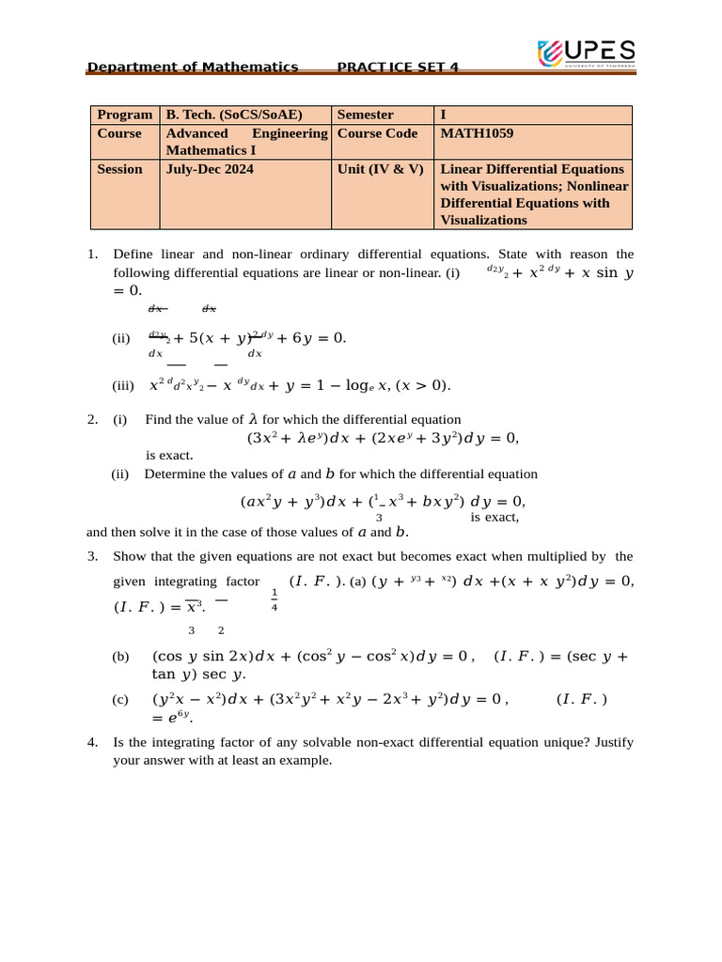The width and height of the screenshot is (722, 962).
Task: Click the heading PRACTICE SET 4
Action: point(398,67)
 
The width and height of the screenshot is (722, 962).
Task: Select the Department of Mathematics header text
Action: point(192,67)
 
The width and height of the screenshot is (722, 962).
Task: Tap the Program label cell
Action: point(124,115)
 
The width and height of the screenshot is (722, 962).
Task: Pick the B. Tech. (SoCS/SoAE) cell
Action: point(234,115)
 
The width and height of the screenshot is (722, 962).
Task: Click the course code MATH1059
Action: point(477,133)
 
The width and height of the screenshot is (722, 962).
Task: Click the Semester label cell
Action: point(365,115)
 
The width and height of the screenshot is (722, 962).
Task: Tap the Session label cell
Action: point(119,169)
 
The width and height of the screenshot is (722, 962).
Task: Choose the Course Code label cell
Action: point(377,133)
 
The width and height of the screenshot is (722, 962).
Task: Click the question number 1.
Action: point(92,254)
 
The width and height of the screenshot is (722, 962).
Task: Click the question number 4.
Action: point(92,742)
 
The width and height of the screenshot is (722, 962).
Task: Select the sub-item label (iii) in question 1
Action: point(123,385)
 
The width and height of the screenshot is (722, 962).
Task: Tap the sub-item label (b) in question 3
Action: point(120,657)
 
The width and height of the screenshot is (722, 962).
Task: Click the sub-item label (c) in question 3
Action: point(120,699)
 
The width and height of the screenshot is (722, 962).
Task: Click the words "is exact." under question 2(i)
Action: point(169,456)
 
